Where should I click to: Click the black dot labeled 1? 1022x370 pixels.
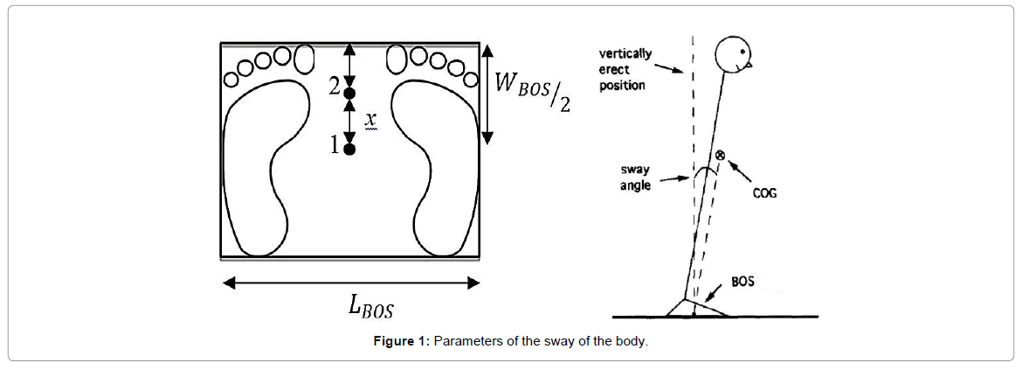pyautogui.click(x=349, y=150)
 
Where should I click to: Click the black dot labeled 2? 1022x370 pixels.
pyautogui.click(x=349, y=93)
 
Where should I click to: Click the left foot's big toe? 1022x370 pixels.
pyautogui.click(x=304, y=59)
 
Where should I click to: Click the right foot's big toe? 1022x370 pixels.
pyautogui.click(x=395, y=59)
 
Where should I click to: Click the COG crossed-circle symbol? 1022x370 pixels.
pyautogui.click(x=721, y=155)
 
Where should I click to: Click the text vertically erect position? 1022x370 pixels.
pyautogui.click(x=625, y=70)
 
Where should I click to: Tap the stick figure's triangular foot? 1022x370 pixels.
pyautogui.click(x=695, y=307)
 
